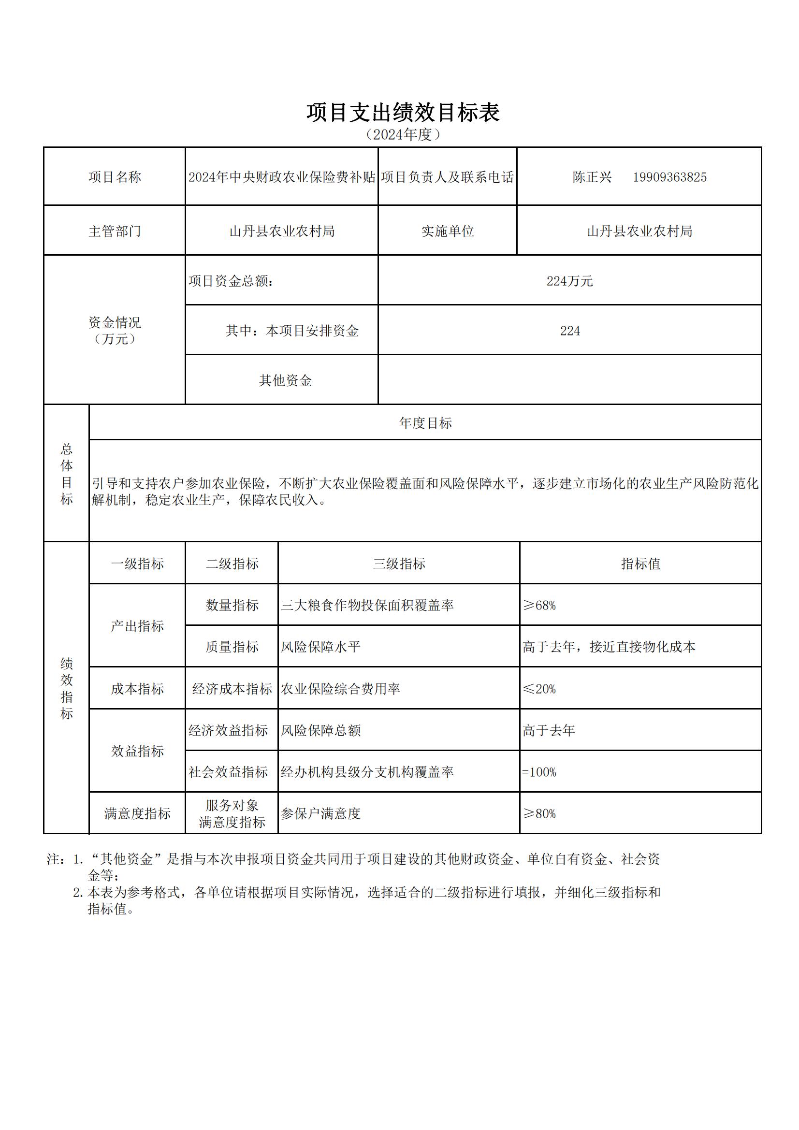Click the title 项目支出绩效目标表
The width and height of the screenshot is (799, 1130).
pyautogui.click(x=403, y=113)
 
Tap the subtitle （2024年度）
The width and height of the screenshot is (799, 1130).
pyautogui.click(x=402, y=134)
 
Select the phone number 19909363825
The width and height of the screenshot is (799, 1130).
pyautogui.click(x=669, y=177)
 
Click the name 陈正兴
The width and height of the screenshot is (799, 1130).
pyautogui.click(x=592, y=177)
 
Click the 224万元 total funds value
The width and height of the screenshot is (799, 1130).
pyautogui.click(x=569, y=281)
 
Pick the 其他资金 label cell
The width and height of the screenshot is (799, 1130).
pyautogui.click(x=286, y=380)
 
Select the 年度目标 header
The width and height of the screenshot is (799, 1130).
pyautogui.click(x=425, y=423)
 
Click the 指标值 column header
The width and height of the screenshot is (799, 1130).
pyautogui.click(x=640, y=564)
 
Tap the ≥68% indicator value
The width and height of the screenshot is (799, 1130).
pyautogui.click(x=539, y=605)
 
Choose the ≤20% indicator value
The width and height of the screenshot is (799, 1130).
pyautogui.click(x=539, y=689)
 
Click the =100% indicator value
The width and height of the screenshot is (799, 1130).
pyautogui.click(x=539, y=772)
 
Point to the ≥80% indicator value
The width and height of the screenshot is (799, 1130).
pyautogui.click(x=539, y=814)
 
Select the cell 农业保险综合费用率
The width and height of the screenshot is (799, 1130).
pyautogui.click(x=341, y=689)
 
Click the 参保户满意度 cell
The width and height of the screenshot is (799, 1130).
pyautogui.click(x=321, y=814)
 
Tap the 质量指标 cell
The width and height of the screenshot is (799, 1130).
pyautogui.click(x=232, y=647)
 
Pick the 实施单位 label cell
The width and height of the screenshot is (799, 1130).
pyautogui.click(x=448, y=231)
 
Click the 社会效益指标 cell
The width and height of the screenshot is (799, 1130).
pyautogui.click(x=228, y=772)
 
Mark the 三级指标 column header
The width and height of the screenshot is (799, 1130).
pyautogui.click(x=399, y=564)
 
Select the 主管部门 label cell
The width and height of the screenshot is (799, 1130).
pyautogui.click(x=115, y=231)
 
